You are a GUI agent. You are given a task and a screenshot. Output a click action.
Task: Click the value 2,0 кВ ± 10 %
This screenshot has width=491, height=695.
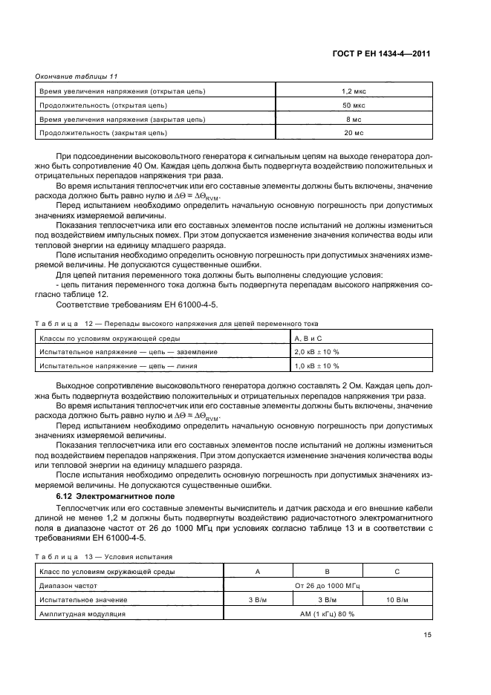click(x=317, y=352)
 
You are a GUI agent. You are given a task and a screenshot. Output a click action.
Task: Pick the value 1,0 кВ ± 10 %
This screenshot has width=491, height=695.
click(x=317, y=366)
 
